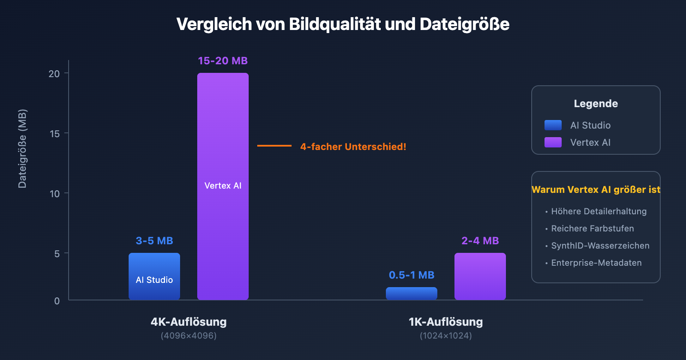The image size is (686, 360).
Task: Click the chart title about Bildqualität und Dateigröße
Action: (343, 24)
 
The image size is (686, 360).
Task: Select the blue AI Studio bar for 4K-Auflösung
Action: (154, 276)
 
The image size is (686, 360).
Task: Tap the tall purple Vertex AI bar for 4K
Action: (223, 186)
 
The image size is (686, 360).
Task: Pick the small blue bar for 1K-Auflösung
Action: (412, 294)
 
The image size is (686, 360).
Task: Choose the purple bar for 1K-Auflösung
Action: (480, 276)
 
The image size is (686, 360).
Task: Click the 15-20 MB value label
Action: (223, 61)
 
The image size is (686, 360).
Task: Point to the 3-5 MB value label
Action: (154, 241)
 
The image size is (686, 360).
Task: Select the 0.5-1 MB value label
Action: (412, 275)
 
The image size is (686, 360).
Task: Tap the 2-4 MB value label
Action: (480, 241)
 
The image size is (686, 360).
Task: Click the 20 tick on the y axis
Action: (54, 74)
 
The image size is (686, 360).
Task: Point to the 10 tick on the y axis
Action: (54, 194)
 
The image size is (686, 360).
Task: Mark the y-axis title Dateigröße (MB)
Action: (22, 149)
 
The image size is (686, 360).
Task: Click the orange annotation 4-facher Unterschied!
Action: (353, 147)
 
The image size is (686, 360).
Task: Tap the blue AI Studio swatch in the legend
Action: (553, 125)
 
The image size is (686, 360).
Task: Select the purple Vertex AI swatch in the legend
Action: (553, 142)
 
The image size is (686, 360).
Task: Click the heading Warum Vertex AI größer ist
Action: (596, 189)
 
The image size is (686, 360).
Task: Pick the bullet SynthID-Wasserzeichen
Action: (600, 246)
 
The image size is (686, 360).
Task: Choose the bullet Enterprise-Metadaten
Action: (596, 263)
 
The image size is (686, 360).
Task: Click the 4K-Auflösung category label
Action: (189, 322)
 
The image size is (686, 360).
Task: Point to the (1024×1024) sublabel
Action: (446, 336)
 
